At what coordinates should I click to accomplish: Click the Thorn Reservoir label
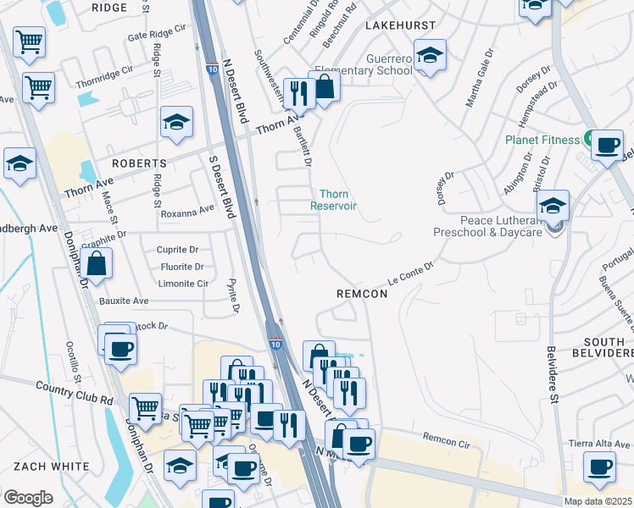click(333, 200)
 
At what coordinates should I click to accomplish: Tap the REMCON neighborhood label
click(362, 294)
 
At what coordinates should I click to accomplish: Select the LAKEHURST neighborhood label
click(400, 26)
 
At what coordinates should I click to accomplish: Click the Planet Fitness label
click(542, 140)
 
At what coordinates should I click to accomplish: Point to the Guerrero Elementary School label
click(378, 64)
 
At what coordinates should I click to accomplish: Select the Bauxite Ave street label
click(124, 301)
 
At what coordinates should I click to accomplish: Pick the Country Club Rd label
click(74, 393)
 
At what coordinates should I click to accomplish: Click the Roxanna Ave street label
click(187, 210)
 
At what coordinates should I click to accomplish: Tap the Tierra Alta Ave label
click(600, 444)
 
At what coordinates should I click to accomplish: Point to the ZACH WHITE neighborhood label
click(51, 467)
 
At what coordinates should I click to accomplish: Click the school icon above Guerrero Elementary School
click(431, 56)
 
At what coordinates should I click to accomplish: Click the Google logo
click(28, 498)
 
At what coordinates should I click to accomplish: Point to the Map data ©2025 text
click(598, 501)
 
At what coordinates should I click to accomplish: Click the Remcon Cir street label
click(446, 441)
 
